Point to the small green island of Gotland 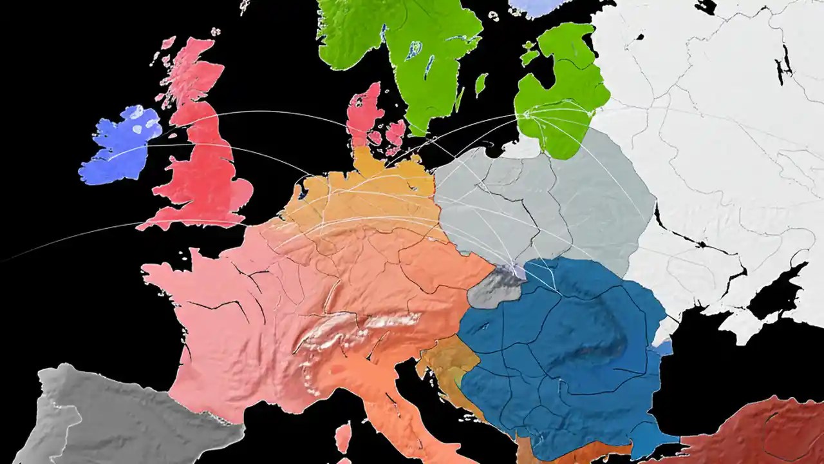pos(481,84)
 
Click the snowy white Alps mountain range pos(360,329)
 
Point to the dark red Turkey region pos(760,432)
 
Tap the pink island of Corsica pos(344,437)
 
